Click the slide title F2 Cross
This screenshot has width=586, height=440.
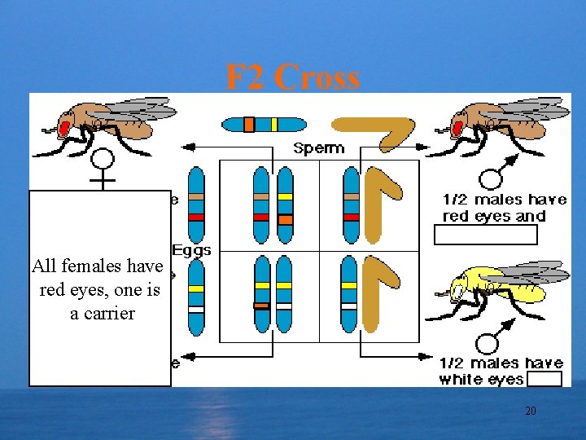292,77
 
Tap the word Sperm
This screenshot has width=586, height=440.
319,148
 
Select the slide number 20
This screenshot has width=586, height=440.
530,411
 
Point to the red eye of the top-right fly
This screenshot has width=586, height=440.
457,127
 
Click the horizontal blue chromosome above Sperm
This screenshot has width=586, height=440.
264,125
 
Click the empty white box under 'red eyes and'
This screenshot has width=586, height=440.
486,235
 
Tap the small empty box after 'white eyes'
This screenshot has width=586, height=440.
544,380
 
